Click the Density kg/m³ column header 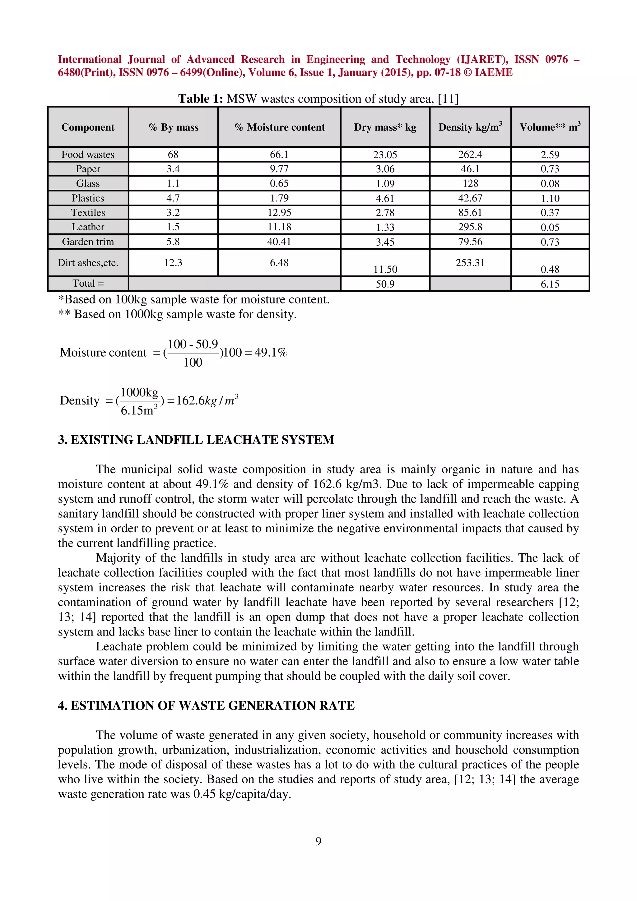(470, 127)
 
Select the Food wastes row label (88, 155)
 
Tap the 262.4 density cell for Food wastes (470, 155)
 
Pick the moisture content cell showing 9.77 (279, 169)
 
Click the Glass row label (88, 184)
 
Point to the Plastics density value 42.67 (470, 198)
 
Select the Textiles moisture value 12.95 (279, 213)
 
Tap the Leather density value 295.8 (470, 227)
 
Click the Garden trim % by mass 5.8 (173, 242)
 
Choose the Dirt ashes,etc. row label (88, 262)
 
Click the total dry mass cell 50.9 (385, 284)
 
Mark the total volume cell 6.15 (550, 284)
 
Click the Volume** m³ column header (550, 127)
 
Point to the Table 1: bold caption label (201, 99)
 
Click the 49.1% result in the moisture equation (271, 352)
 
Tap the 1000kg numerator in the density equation (139, 392)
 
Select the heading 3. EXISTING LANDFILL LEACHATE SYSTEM (196, 440)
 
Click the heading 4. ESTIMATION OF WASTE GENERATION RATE (206, 705)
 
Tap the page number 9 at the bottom (318, 841)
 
